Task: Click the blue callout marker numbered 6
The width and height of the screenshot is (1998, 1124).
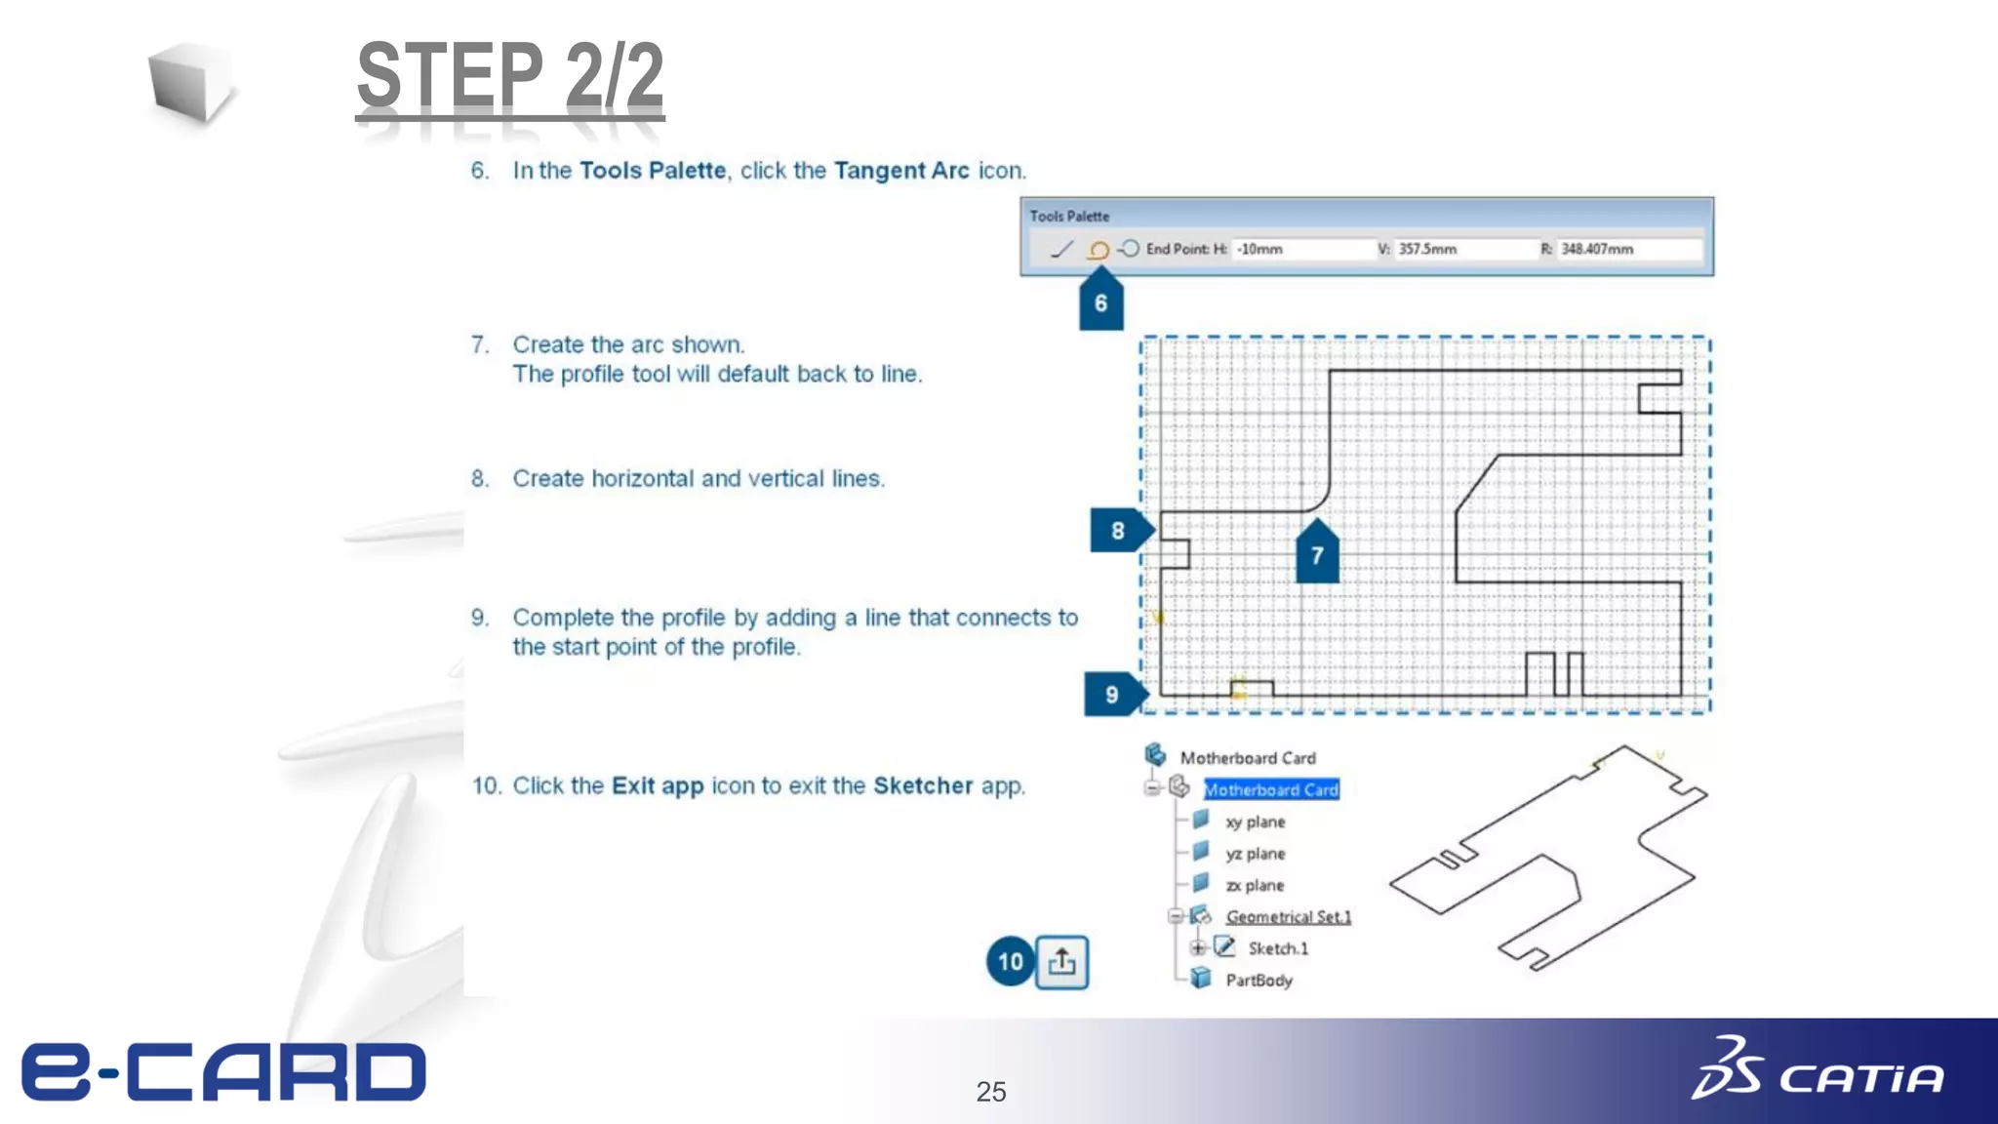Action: point(1100,302)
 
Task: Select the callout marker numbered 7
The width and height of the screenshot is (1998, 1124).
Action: point(1317,554)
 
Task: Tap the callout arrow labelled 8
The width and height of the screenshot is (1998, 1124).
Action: point(1118,530)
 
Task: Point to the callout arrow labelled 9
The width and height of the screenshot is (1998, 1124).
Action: point(1112,694)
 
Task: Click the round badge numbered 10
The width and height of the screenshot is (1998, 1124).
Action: point(1011,962)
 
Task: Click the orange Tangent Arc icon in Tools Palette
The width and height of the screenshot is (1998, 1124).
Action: point(1099,250)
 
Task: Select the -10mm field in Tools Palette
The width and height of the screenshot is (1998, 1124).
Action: point(1298,249)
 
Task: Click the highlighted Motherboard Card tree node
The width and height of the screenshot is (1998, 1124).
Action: point(1270,789)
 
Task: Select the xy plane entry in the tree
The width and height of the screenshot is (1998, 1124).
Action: point(1255,822)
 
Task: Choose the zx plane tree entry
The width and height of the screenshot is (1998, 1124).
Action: point(1255,885)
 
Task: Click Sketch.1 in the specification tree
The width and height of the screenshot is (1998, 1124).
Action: point(1277,948)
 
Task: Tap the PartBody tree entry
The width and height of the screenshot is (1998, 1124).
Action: point(1259,980)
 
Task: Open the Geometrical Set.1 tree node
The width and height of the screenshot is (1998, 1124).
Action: point(1288,916)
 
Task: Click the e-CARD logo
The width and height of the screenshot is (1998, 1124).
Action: point(224,1071)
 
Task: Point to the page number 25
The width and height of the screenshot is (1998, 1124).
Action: point(990,1091)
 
